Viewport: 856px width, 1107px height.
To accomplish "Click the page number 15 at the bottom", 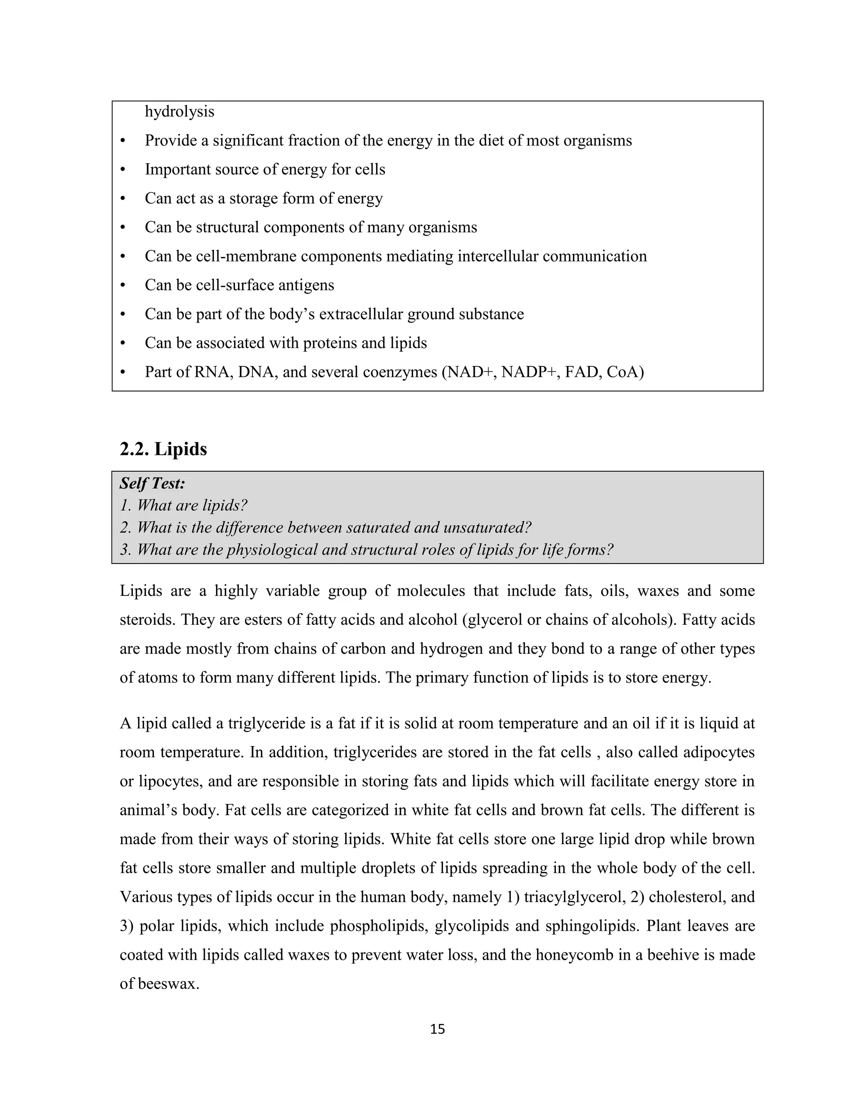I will (x=437, y=1028).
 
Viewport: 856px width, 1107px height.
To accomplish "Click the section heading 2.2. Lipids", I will (x=163, y=449).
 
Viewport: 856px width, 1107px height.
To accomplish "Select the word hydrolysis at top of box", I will (x=179, y=112).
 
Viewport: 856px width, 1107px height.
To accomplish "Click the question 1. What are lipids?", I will (x=183, y=505).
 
